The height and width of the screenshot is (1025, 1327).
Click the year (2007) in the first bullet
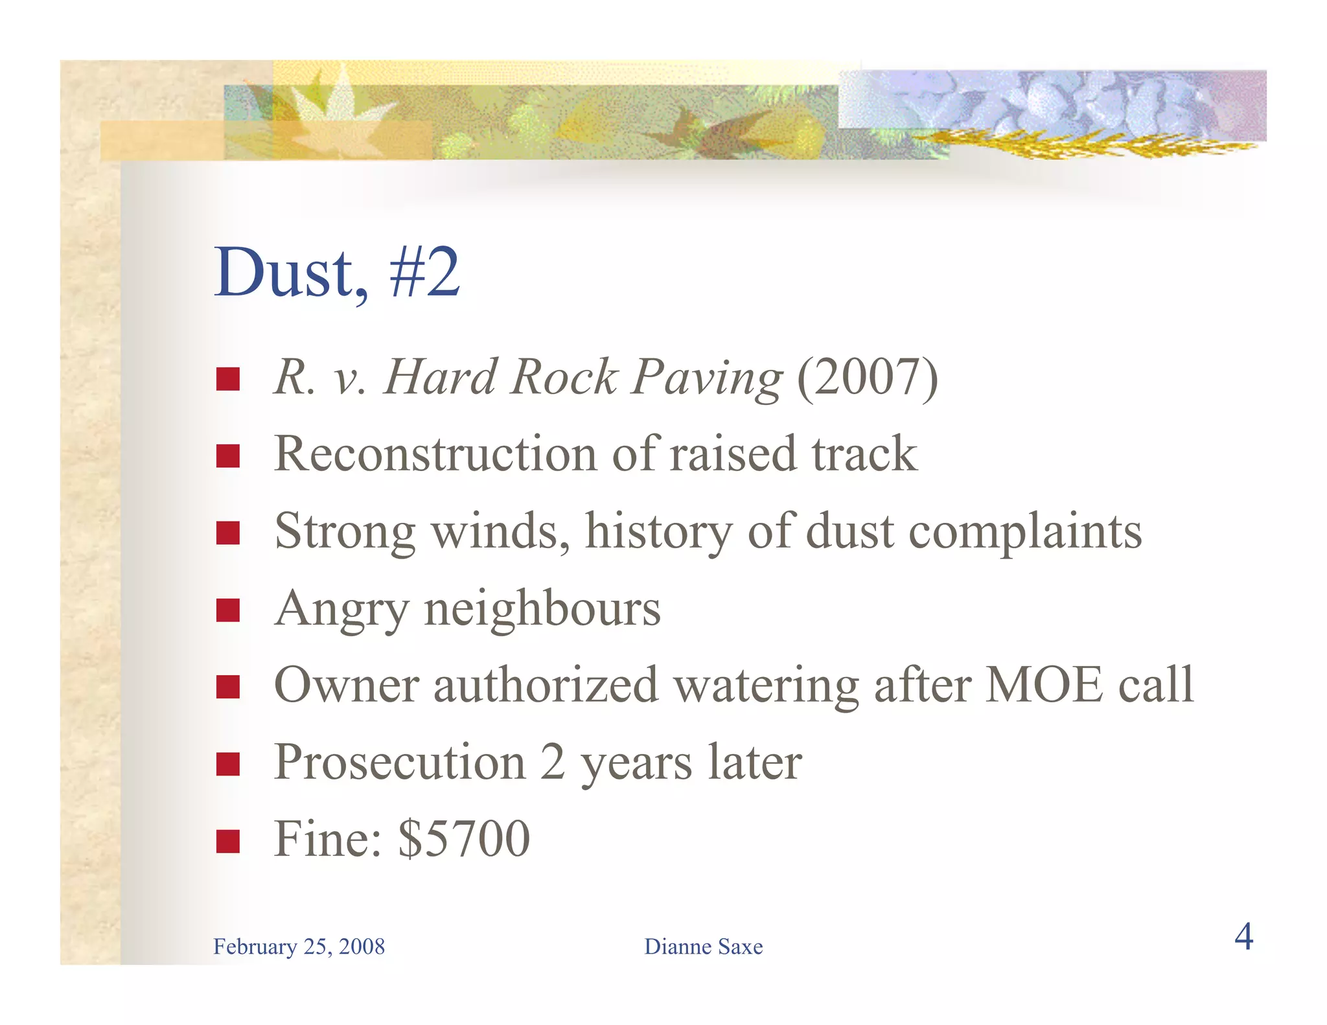tap(867, 377)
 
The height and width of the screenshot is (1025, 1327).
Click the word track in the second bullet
tap(864, 454)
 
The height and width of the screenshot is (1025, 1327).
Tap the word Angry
tap(341, 609)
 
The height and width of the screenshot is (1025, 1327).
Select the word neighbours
tap(542, 609)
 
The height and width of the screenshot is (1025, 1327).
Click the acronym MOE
tap(1043, 685)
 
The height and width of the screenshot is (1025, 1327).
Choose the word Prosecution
tap(400, 763)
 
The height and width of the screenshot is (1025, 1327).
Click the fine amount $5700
tap(464, 839)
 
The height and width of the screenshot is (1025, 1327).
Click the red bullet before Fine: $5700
tap(228, 841)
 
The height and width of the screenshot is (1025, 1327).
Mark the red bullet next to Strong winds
tap(228, 534)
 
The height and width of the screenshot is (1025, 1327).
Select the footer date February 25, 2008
tap(299, 947)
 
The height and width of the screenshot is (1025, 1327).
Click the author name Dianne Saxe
tap(703, 947)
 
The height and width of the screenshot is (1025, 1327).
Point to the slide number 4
tap(1243, 937)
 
